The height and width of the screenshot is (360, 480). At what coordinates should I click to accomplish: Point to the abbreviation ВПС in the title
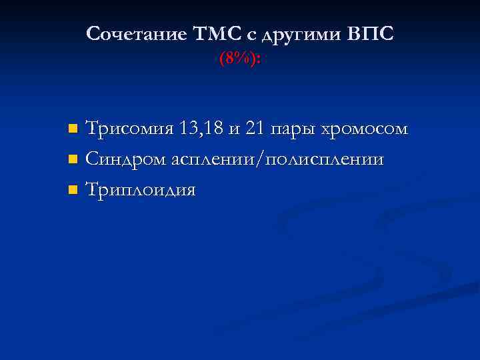tap(371, 34)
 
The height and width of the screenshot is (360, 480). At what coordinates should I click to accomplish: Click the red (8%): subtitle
tap(240, 59)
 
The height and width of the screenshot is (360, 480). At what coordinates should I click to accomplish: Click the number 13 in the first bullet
tap(189, 128)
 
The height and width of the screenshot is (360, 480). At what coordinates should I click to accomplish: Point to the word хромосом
tap(365, 129)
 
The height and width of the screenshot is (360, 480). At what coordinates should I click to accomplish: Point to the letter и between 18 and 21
tap(234, 129)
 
